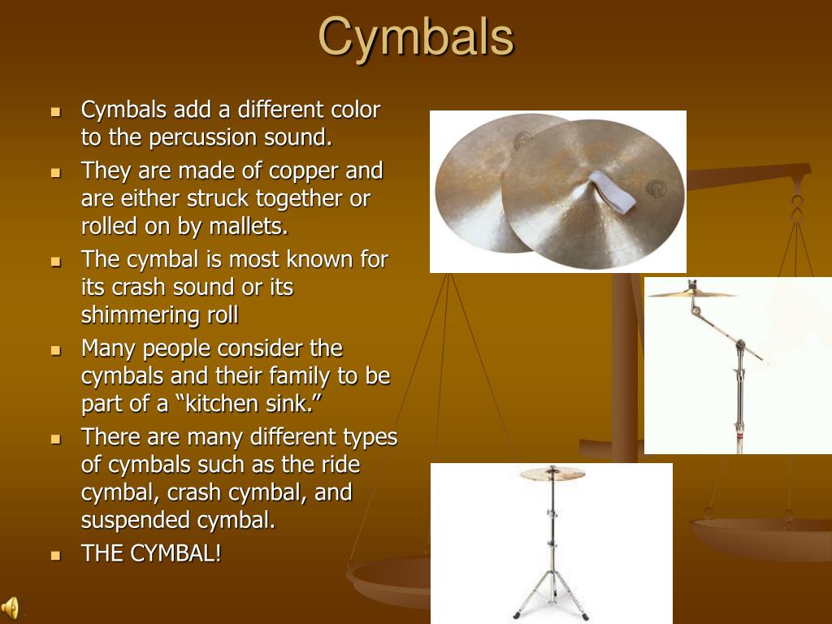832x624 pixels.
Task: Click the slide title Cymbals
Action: (415, 37)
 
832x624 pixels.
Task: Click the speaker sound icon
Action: (11, 607)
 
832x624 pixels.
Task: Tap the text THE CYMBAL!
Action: (150, 554)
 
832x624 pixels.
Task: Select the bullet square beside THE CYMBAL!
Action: (55, 556)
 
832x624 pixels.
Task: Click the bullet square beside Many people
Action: (55, 350)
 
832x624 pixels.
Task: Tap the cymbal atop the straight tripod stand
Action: (552, 473)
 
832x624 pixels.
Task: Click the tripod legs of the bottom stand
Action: (552, 597)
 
